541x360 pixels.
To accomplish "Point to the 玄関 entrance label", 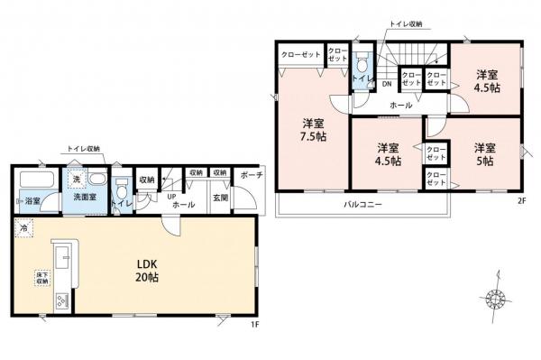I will pyautogui.click(x=221, y=198).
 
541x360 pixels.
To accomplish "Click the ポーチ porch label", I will pyautogui.click(x=252, y=175).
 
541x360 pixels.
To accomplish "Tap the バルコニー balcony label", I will pyautogui.click(x=363, y=205).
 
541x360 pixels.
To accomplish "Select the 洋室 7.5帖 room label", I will pyautogui.click(x=314, y=130).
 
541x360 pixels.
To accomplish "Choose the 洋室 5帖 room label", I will pyautogui.click(x=484, y=153).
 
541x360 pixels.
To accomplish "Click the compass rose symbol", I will pyautogui.click(x=494, y=299).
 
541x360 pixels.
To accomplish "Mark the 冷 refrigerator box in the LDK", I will pyautogui.click(x=22, y=227).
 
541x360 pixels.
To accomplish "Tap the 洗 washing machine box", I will pyautogui.click(x=78, y=179).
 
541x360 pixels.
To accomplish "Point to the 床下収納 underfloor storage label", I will pyautogui.click(x=41, y=274).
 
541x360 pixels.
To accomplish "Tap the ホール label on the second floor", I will pyautogui.click(x=401, y=106).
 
